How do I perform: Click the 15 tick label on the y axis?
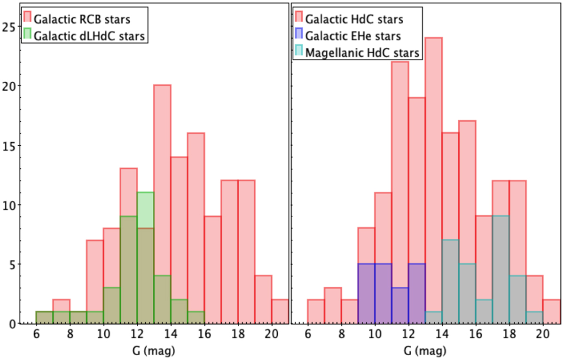(x=10, y=145)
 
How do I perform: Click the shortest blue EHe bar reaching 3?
(x=400, y=305)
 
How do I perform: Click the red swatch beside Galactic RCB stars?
(x=27, y=19)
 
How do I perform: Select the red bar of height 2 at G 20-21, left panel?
(x=280, y=312)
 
